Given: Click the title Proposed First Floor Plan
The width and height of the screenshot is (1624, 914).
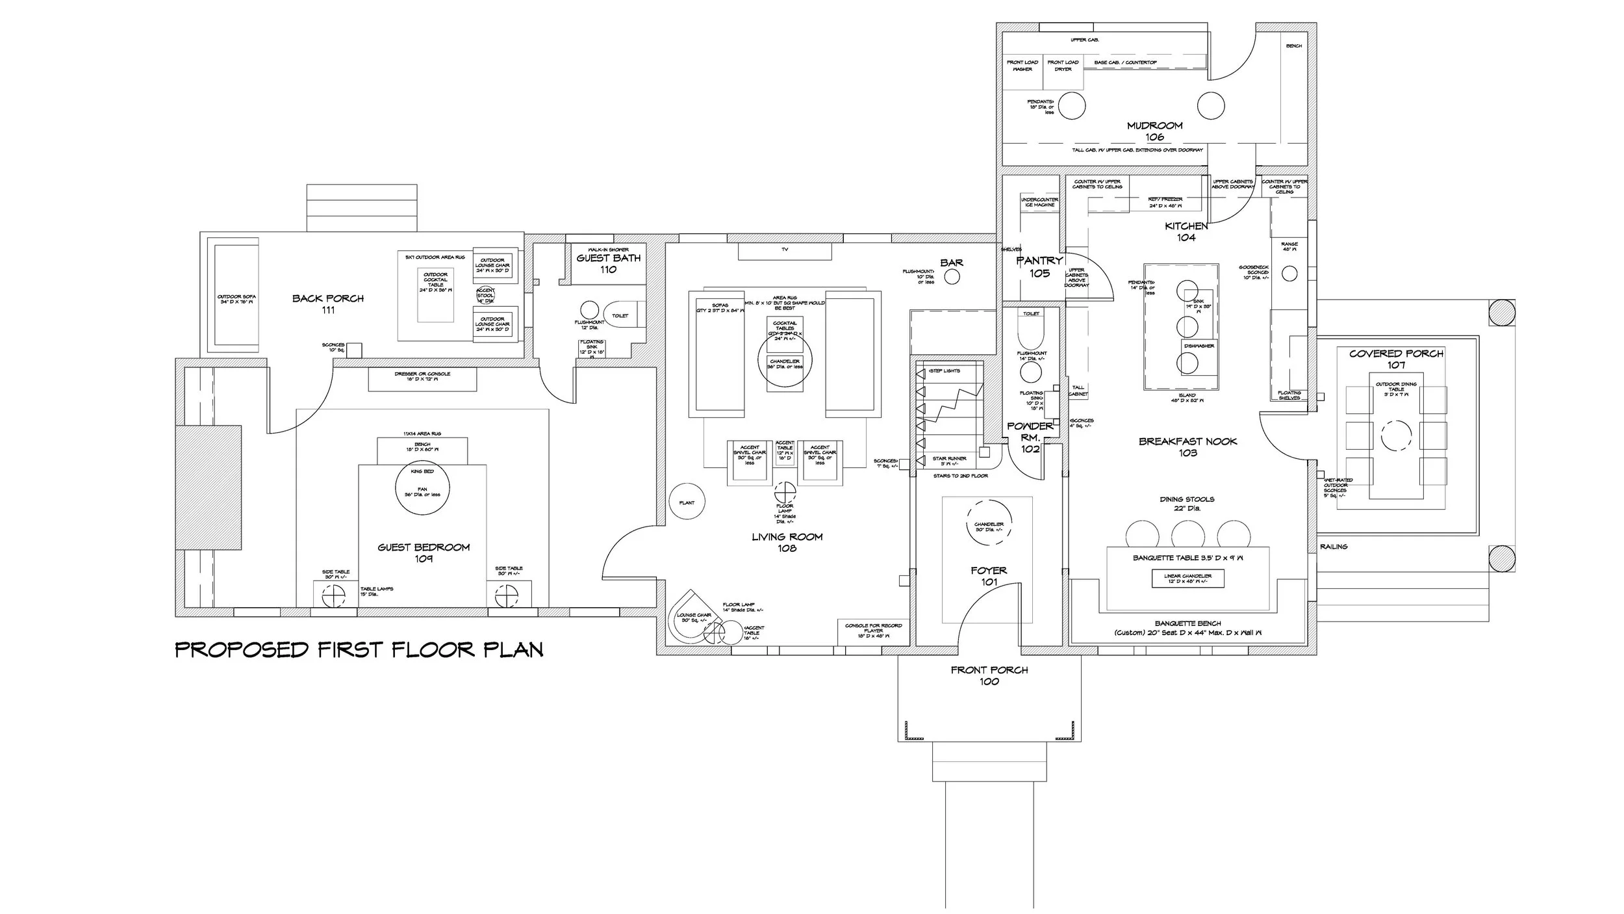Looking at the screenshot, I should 359,649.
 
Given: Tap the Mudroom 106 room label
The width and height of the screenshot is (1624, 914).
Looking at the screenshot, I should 1154,131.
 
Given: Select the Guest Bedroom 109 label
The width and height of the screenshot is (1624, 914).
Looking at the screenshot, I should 424,553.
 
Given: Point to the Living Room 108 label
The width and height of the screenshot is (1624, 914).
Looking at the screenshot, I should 787,542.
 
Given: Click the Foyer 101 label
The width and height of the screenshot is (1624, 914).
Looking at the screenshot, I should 989,576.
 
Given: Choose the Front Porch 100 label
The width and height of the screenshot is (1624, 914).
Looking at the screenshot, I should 989,675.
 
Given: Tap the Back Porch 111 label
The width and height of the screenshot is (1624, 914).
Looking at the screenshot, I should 328,304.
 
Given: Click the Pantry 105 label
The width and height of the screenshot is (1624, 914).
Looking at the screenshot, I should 1039,267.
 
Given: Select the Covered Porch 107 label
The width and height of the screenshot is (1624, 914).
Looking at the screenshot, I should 1396,359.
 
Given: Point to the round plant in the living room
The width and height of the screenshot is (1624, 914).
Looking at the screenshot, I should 687,503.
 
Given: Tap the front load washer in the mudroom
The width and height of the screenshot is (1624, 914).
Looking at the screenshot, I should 1022,72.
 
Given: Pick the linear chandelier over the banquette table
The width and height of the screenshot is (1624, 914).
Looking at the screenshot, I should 1187,579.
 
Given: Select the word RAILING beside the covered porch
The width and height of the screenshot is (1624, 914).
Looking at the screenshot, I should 1334,547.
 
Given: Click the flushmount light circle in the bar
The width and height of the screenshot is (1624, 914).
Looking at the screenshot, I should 952,278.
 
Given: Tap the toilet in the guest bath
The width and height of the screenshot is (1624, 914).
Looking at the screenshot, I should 621,315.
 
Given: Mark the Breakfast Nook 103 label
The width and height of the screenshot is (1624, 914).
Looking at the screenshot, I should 1187,447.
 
